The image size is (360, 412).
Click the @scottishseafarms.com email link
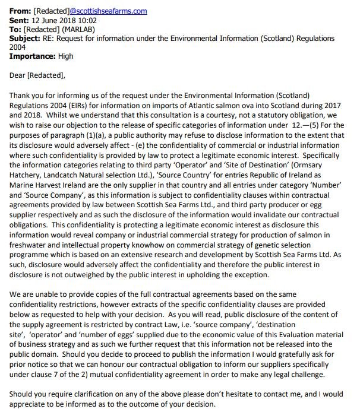tap(108, 11)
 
